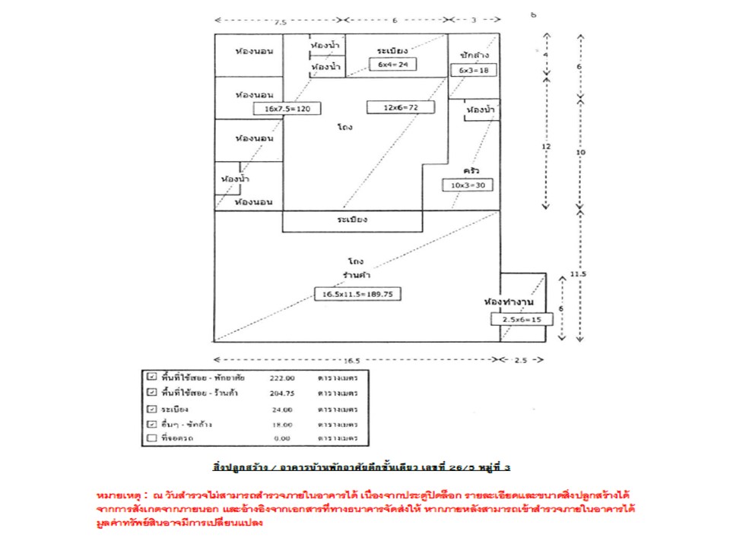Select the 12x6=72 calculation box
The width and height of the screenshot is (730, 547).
(x=400, y=107)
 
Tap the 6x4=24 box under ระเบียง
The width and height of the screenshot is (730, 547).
(x=393, y=65)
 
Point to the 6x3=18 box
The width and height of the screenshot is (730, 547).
(x=473, y=70)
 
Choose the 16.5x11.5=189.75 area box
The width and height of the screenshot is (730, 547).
(x=358, y=294)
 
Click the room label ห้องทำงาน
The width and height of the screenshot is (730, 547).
(x=509, y=302)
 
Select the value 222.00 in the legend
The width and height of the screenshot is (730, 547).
(x=282, y=377)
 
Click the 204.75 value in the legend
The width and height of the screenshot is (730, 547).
(x=282, y=393)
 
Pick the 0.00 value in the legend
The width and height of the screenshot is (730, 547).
(x=282, y=439)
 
